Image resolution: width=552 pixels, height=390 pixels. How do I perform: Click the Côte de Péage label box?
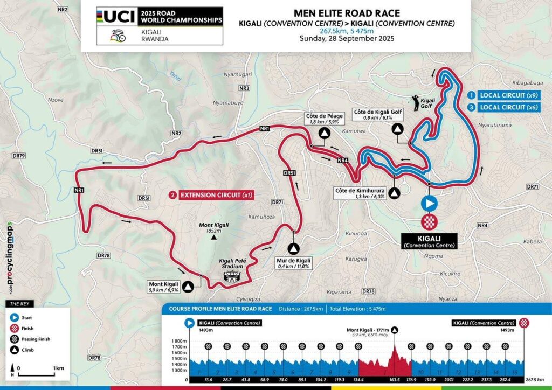[323, 119]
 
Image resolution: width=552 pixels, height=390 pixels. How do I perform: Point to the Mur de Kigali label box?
[293, 262]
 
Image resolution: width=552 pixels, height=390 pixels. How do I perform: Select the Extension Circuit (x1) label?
[211, 194]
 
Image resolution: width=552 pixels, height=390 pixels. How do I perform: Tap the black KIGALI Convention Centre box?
[429, 241]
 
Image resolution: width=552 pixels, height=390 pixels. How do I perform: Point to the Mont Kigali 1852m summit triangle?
[214, 236]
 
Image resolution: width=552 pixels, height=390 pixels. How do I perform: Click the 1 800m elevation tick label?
[178, 342]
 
